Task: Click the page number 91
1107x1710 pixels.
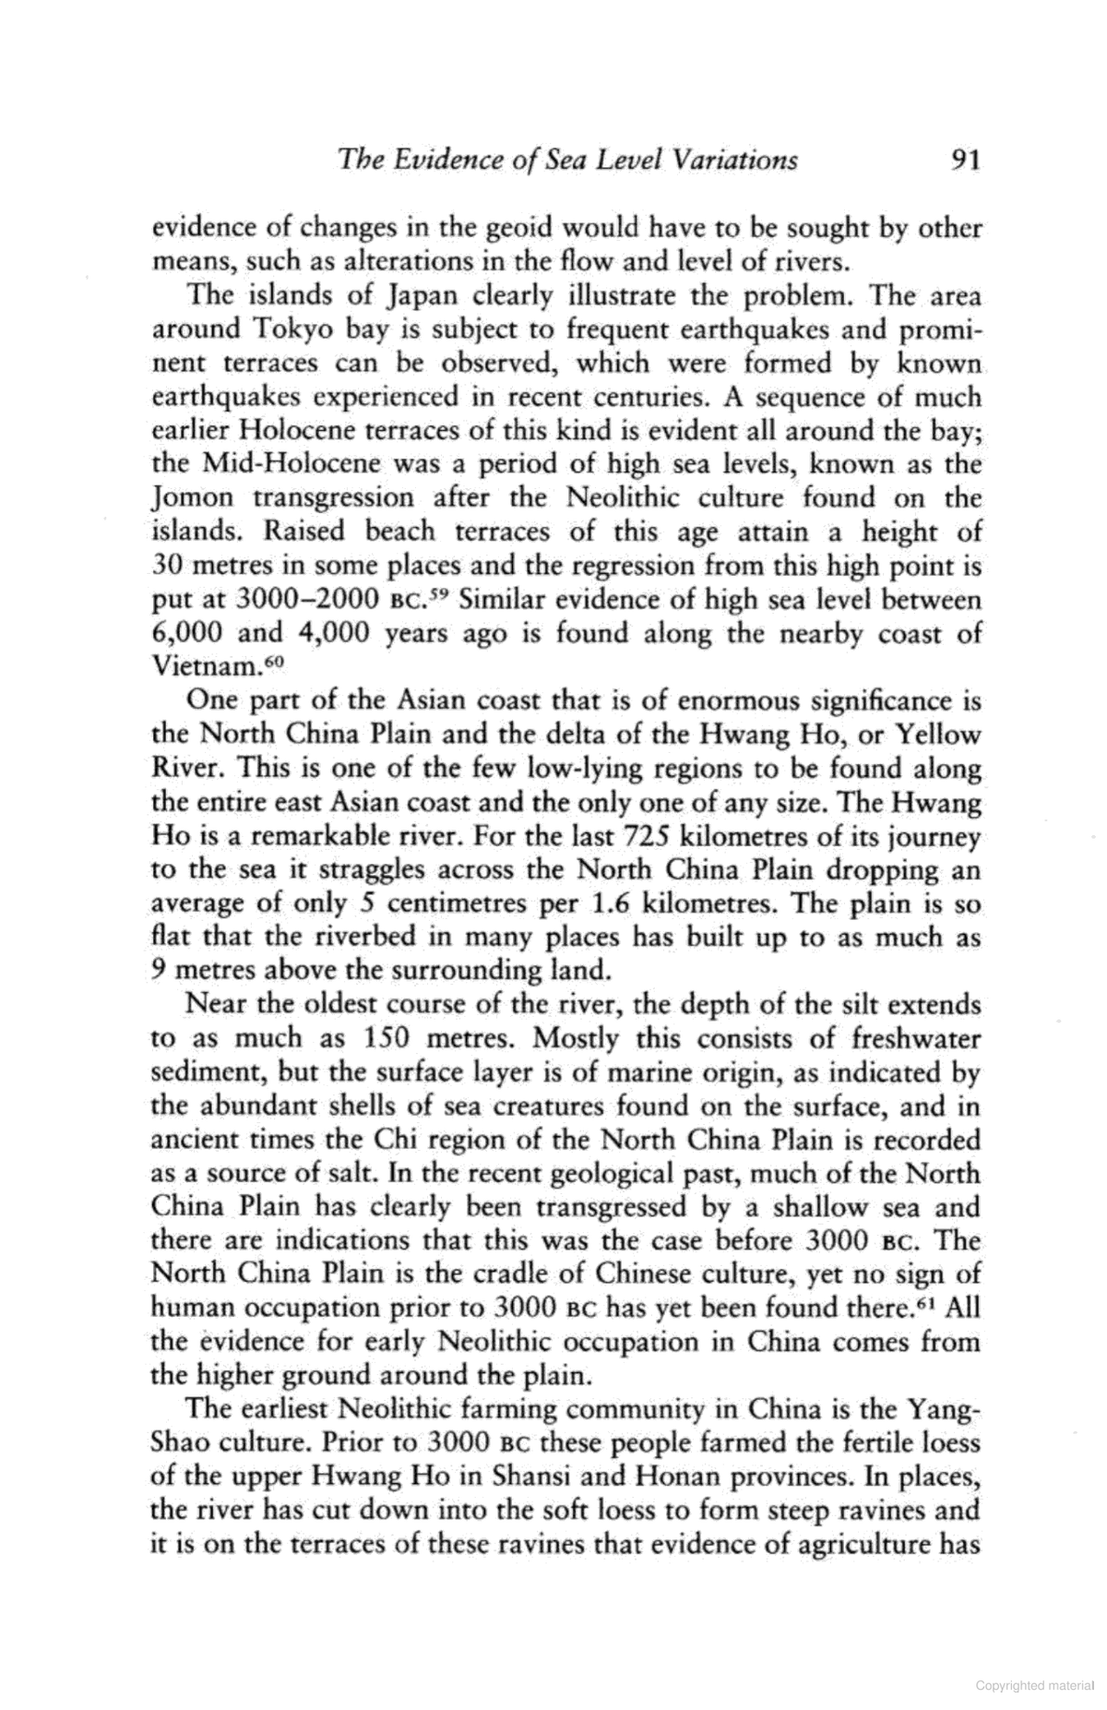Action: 963,160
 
